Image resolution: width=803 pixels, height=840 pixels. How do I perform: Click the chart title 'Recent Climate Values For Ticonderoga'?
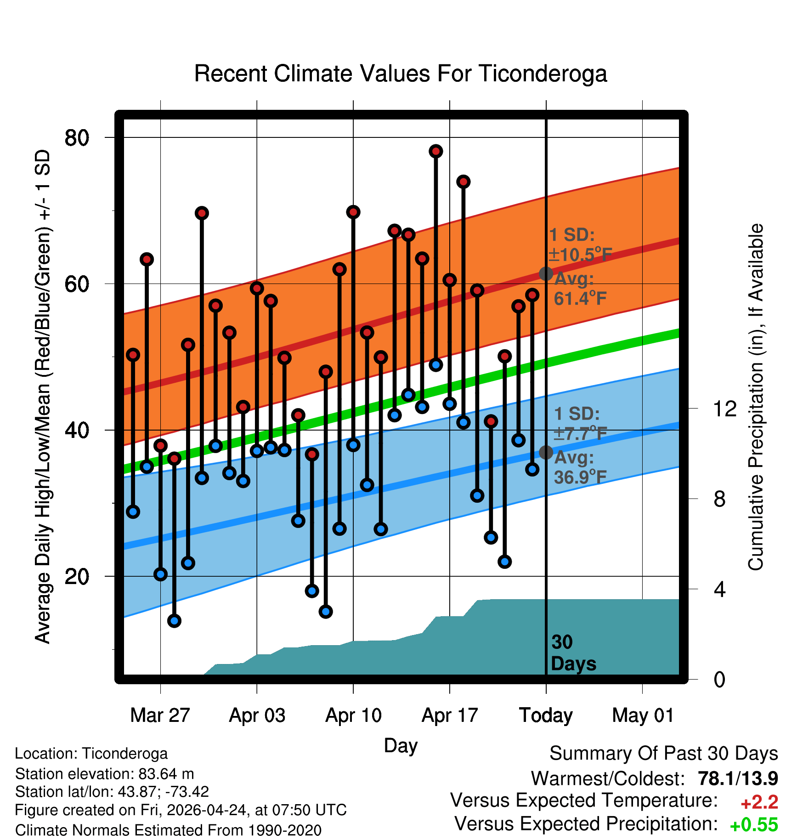(401, 74)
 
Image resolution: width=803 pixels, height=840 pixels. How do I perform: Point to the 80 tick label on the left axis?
(77, 137)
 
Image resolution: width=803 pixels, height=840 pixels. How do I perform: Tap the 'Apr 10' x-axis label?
(353, 715)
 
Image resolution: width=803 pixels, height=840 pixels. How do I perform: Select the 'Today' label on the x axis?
(546, 716)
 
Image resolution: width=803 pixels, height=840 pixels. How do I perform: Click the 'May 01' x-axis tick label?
(643, 715)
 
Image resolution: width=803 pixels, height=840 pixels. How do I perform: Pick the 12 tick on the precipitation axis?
(725, 409)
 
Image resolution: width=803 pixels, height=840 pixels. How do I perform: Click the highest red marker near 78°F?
(436, 151)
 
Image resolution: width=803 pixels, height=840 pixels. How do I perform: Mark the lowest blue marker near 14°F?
(174, 621)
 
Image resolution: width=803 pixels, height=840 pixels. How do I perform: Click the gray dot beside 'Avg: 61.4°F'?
(546, 273)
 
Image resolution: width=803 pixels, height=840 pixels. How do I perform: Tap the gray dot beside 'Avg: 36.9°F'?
(546, 452)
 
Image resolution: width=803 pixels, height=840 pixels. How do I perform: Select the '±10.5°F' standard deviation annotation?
(580, 254)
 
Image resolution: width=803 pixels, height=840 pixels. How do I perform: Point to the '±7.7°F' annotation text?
(581, 433)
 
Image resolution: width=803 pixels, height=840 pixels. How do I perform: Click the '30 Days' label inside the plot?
(573, 653)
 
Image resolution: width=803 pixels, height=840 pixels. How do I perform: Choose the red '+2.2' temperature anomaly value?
(759, 802)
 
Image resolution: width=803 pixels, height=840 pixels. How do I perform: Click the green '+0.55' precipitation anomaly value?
(754, 825)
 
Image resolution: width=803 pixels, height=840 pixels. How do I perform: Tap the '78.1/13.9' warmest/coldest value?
(738, 778)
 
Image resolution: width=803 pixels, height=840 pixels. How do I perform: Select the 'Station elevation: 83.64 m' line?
(104, 774)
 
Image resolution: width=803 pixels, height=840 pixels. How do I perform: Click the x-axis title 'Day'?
(401, 746)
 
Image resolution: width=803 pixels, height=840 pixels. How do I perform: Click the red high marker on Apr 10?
(353, 212)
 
